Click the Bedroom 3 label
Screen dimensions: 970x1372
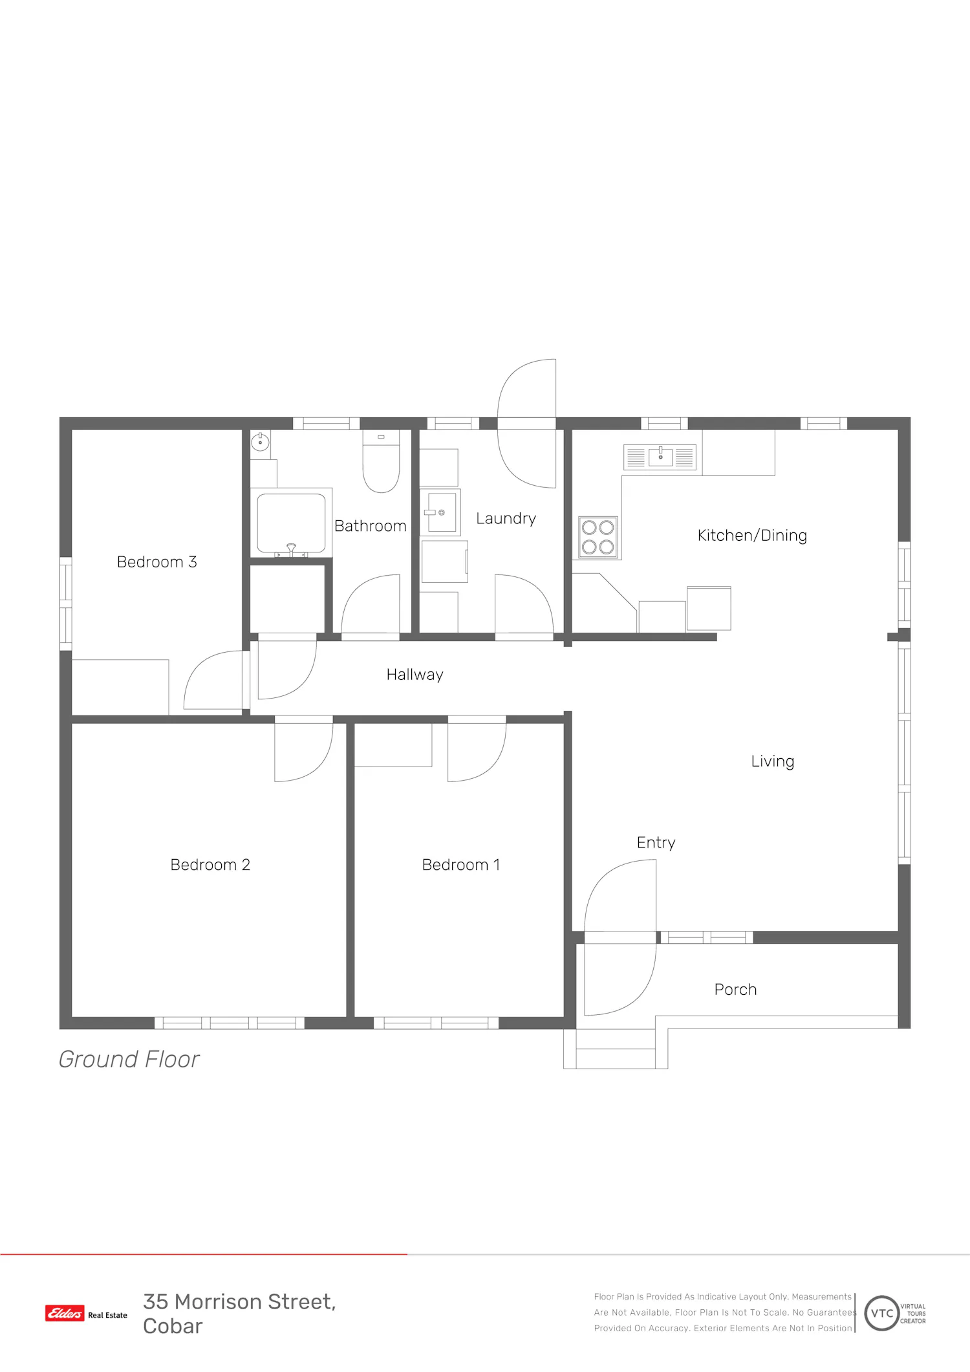click(x=156, y=561)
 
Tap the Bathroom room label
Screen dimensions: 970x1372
click(x=371, y=526)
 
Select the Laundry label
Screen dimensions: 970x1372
click(x=506, y=519)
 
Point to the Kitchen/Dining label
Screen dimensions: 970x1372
click(x=752, y=536)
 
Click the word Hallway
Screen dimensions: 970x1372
click(x=415, y=675)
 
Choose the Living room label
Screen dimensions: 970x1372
click(x=773, y=761)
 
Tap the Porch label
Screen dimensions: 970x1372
click(x=735, y=990)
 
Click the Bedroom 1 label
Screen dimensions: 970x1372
click(x=461, y=865)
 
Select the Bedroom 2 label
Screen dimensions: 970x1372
click(x=210, y=865)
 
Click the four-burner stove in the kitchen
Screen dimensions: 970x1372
click(x=598, y=538)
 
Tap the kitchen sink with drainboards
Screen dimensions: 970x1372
click(x=660, y=457)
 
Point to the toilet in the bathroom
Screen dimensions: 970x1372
click(x=381, y=461)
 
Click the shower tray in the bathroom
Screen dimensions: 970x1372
click(x=291, y=523)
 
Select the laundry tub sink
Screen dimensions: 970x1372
click(x=440, y=512)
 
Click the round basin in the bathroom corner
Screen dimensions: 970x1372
click(x=260, y=442)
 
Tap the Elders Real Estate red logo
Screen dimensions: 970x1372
click(x=65, y=1313)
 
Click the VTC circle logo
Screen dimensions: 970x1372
click(x=882, y=1313)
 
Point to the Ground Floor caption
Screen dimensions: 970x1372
click(x=129, y=1060)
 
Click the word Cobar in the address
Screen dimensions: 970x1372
click(x=173, y=1326)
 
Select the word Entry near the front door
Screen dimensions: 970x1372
click(x=656, y=843)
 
